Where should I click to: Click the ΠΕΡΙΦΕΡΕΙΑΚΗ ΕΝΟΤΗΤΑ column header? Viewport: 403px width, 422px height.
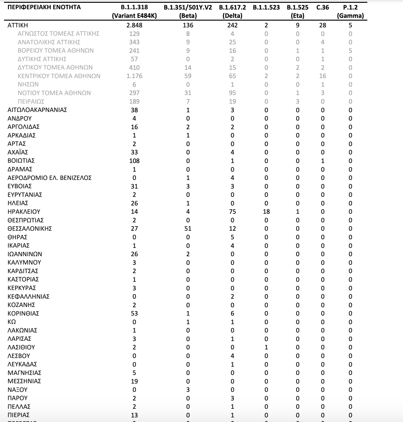click(44, 7)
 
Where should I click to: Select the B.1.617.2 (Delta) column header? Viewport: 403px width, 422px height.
click(232, 11)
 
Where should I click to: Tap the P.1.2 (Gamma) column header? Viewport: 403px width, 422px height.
click(350, 11)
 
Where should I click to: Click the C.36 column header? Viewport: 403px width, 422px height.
click(322, 7)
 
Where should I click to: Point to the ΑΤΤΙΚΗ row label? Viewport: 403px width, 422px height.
click(18, 25)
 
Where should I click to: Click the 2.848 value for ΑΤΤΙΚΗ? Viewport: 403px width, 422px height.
click(134, 25)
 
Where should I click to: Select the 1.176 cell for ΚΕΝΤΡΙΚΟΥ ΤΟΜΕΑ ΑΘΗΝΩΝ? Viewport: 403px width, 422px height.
click(134, 76)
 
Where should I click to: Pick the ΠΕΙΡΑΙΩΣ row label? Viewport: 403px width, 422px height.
click(31, 102)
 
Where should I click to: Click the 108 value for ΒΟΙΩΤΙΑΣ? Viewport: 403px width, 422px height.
click(134, 161)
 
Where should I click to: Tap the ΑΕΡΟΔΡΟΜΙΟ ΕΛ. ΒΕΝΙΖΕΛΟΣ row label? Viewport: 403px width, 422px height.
click(50, 178)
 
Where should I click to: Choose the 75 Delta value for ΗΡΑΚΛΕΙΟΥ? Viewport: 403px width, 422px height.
click(232, 212)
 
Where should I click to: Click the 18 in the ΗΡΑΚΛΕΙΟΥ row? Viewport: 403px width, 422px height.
click(266, 212)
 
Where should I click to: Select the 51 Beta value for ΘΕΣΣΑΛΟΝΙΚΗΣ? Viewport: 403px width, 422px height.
click(188, 229)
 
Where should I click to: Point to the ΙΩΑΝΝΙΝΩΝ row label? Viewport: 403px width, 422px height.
click(25, 254)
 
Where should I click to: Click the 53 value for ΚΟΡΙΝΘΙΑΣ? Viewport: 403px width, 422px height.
click(134, 313)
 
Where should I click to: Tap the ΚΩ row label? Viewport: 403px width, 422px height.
click(12, 322)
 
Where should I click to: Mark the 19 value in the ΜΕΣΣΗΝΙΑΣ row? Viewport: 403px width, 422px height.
click(134, 381)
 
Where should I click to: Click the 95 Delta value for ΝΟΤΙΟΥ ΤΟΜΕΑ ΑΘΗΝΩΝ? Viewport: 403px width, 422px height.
click(232, 93)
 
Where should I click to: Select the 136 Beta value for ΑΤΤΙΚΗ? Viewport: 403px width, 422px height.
click(188, 25)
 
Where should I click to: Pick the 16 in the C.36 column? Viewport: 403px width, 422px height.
click(322, 76)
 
